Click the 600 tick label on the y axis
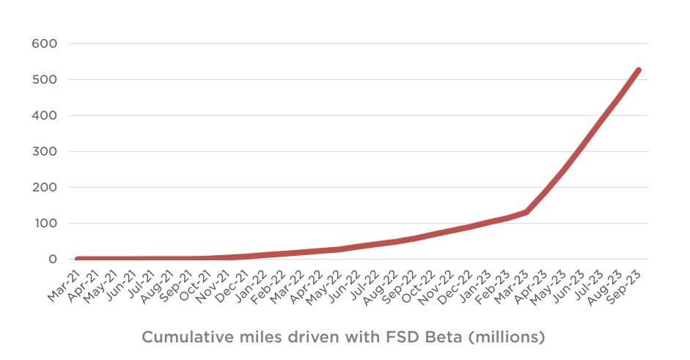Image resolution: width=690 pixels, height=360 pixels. [44, 43]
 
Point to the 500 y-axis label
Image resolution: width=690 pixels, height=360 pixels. [44, 79]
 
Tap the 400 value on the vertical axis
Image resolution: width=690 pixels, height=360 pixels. [44, 115]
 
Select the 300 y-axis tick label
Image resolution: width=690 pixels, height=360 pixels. [44, 151]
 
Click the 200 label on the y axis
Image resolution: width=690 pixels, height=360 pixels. [44, 187]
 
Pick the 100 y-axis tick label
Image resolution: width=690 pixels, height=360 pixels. [44, 223]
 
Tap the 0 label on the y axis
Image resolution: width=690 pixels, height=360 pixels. [53, 259]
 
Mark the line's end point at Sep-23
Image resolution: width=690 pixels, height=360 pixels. [638, 70]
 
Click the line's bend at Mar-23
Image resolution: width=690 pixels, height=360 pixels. [526, 212]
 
